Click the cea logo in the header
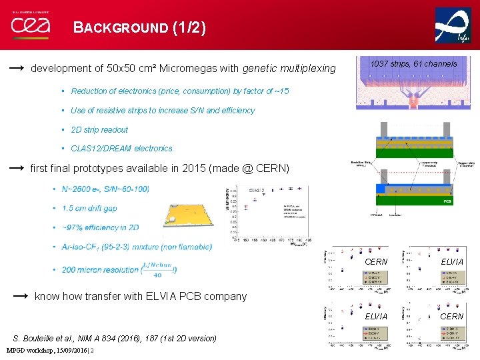[31, 26]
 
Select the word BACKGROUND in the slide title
[121, 28]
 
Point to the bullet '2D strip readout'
[99, 130]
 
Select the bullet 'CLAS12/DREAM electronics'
[121, 149]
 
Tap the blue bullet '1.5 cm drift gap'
[89, 208]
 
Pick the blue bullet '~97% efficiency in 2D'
[100, 227]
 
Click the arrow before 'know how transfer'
[20, 295]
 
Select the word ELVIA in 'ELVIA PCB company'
[157, 296]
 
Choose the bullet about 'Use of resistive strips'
[163, 111]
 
